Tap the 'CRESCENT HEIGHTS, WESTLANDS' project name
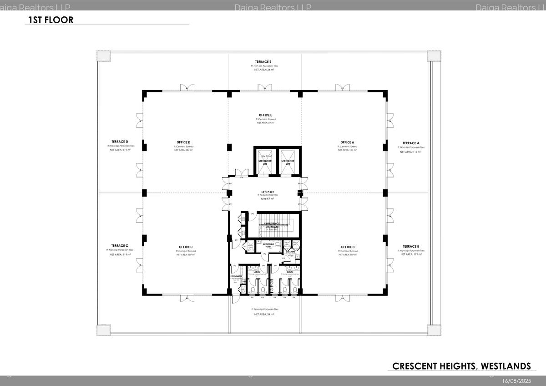tap(461, 366)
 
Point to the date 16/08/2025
tap(516, 380)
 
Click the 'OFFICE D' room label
tap(183, 142)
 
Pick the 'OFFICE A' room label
tap(347, 142)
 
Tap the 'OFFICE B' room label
tap(348, 247)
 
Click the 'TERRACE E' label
tap(263, 61)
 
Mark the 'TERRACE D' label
tap(120, 142)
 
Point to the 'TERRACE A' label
tap(411, 143)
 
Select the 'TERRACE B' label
tap(411, 246)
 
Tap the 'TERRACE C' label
tap(120, 245)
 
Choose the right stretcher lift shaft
tap(288, 162)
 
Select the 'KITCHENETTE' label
tap(236, 276)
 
